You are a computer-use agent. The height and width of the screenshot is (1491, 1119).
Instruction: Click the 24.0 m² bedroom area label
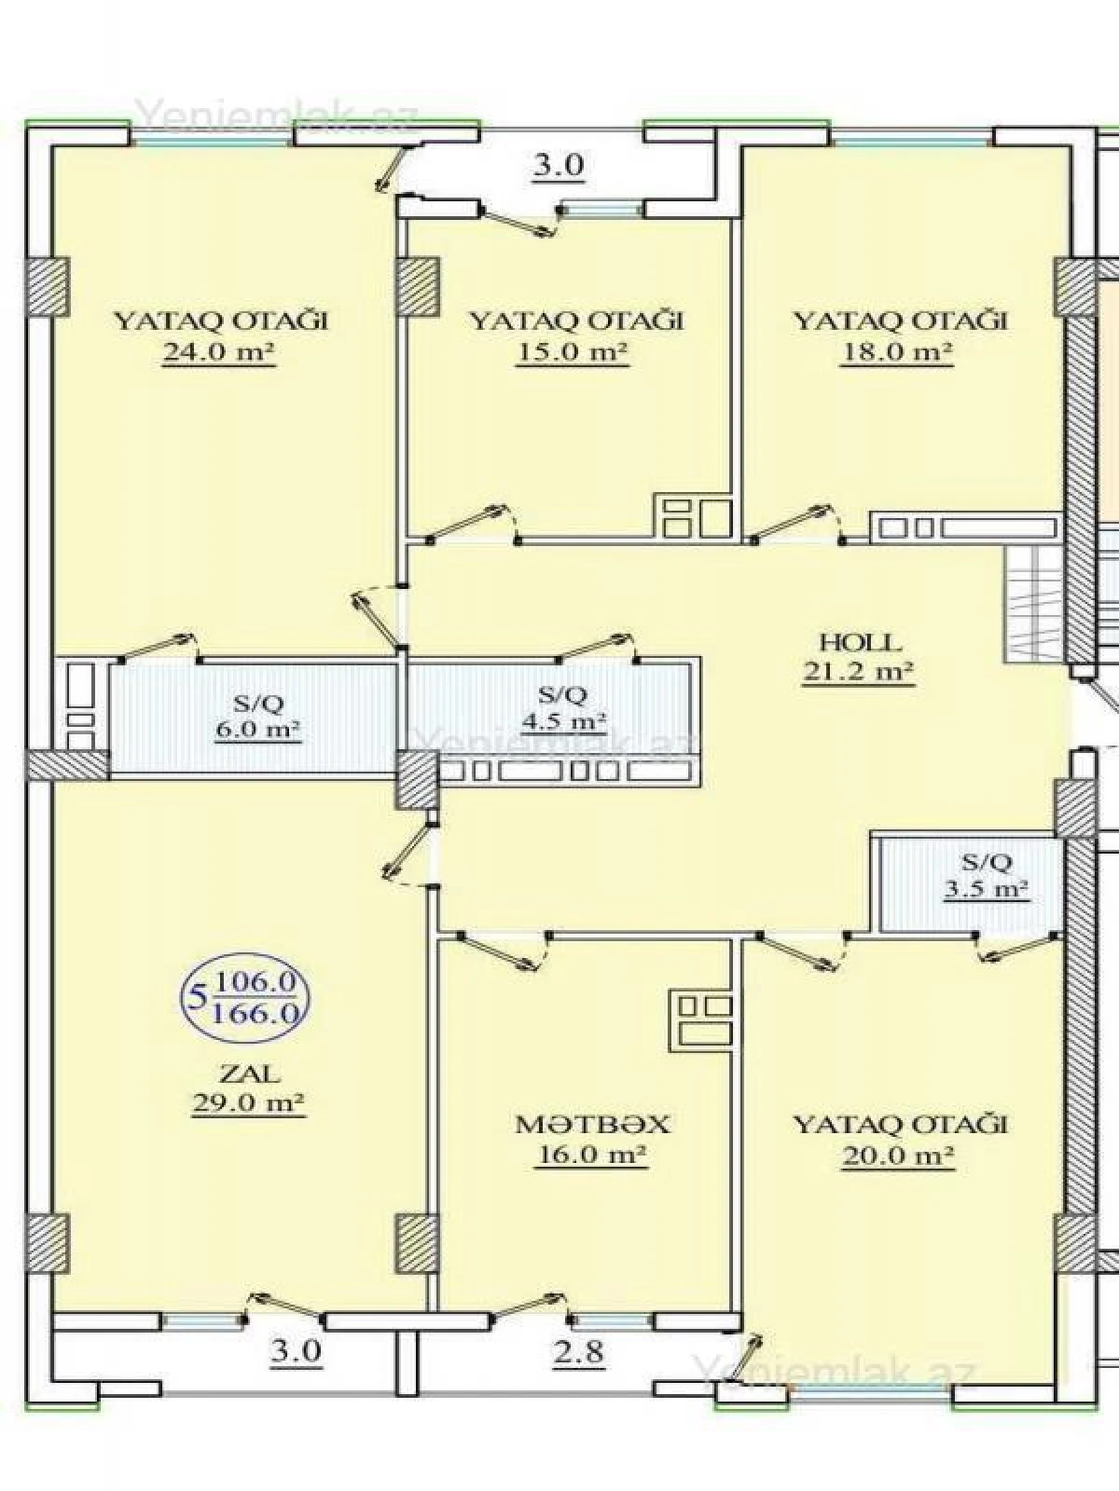tap(219, 354)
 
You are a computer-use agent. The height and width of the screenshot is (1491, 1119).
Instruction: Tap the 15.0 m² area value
tap(573, 354)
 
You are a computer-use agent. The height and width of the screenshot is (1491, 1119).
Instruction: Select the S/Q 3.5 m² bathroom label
tap(986, 874)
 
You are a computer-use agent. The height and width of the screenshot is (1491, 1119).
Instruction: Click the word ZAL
tap(249, 1074)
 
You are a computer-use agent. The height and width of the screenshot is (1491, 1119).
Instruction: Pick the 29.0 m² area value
tap(249, 1103)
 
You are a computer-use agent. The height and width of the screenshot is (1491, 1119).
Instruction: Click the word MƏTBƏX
tap(593, 1125)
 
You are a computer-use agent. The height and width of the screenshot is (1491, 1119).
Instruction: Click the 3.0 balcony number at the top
tap(558, 166)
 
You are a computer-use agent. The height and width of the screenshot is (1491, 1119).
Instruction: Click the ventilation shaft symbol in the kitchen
tap(704, 1018)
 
